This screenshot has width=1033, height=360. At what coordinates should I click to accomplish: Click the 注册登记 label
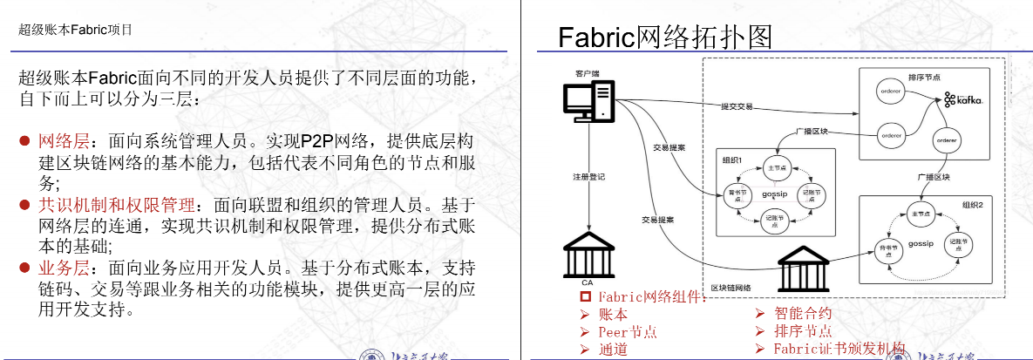588,177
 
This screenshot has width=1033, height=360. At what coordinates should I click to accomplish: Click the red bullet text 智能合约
803,313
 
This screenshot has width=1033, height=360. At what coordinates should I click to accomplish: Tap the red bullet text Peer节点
628,332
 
